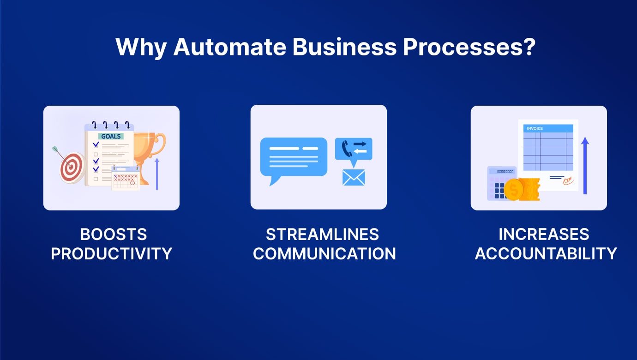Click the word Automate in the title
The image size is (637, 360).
coord(230,47)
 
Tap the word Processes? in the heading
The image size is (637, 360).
coord(469,47)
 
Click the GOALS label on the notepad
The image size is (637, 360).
coord(111,136)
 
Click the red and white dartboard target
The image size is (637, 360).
coord(72,168)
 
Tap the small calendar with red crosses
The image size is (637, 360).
coord(126,178)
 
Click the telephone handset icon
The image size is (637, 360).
coord(347,149)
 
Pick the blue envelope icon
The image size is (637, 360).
coord(354,177)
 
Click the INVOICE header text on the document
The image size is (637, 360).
coord(535,128)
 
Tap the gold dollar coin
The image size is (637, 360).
coord(514,190)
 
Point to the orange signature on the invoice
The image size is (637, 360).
coord(568,180)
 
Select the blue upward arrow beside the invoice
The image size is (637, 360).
coord(585,166)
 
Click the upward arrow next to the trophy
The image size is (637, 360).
coord(157,174)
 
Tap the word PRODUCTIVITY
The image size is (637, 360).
coord(112,254)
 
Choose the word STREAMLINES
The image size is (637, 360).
coord(323,234)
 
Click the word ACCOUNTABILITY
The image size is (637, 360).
coord(546,254)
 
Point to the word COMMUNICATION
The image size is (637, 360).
coord(325,254)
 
